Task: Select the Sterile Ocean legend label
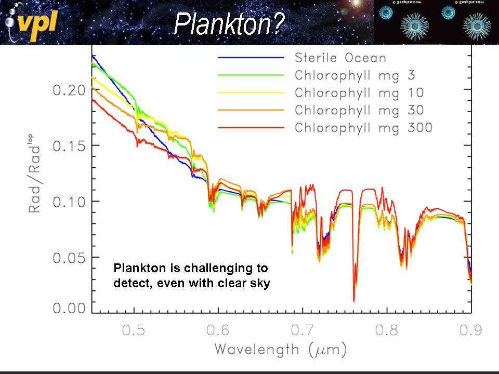click(x=340, y=57)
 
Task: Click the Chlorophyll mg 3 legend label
click(x=355, y=75)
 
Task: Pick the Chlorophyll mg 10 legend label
click(x=359, y=92)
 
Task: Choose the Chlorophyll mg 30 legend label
click(x=359, y=110)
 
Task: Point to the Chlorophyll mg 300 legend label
click(x=363, y=128)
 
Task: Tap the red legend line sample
click(x=251, y=127)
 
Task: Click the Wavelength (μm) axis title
click(x=281, y=349)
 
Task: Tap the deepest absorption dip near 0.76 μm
click(x=354, y=300)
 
